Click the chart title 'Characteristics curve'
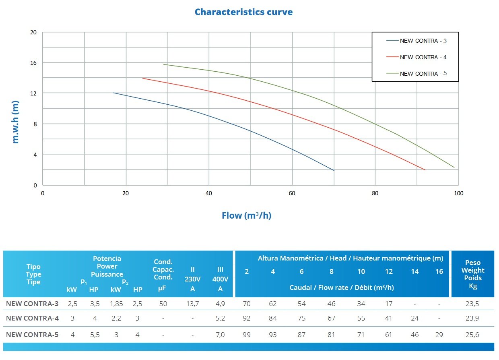click(x=243, y=12)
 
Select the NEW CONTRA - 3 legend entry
click(x=423, y=41)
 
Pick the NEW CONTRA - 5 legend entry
click(x=423, y=74)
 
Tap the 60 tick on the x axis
click(x=292, y=193)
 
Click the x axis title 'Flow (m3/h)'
click(x=247, y=215)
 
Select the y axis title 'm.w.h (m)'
click(x=16, y=122)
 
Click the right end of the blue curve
click(x=334, y=170)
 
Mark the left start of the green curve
click(x=164, y=64)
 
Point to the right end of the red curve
click(x=425, y=170)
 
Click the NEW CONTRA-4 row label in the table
click(x=32, y=318)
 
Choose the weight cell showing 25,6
click(x=473, y=335)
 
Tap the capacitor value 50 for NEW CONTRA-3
click(x=163, y=303)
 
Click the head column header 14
click(x=414, y=271)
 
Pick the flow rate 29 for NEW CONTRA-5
click(x=439, y=335)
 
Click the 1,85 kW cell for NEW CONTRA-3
click(x=116, y=303)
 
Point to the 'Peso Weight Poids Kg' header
click(x=473, y=274)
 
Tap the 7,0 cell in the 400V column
click(x=220, y=335)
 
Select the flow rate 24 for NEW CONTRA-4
click(x=414, y=318)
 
